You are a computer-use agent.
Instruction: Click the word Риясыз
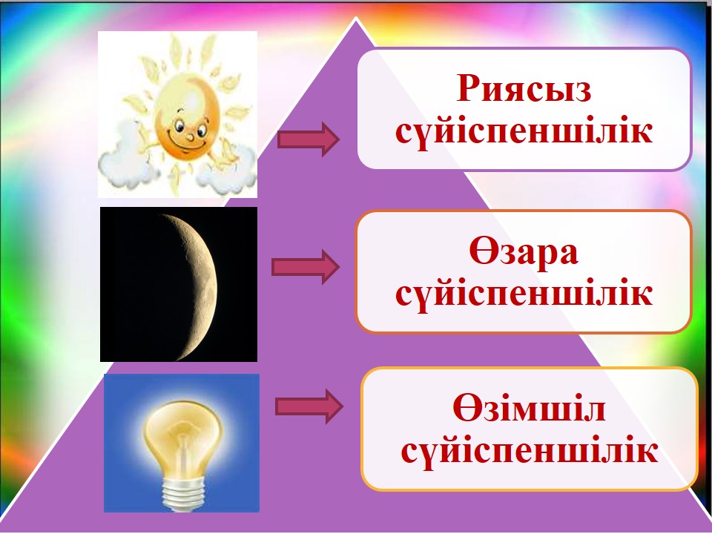click(x=524, y=88)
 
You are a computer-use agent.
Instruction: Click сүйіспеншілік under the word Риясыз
click(x=524, y=132)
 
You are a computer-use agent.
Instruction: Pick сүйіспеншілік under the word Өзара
click(x=524, y=294)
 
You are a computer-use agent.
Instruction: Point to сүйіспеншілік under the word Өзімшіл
click(x=530, y=451)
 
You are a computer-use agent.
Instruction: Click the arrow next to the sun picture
click(x=309, y=139)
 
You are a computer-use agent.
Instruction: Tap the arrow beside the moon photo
click(x=305, y=267)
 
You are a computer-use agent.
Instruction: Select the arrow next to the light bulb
click(x=309, y=406)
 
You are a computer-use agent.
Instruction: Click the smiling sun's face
click(x=188, y=122)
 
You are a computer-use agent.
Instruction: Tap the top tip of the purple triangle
click(x=357, y=17)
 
